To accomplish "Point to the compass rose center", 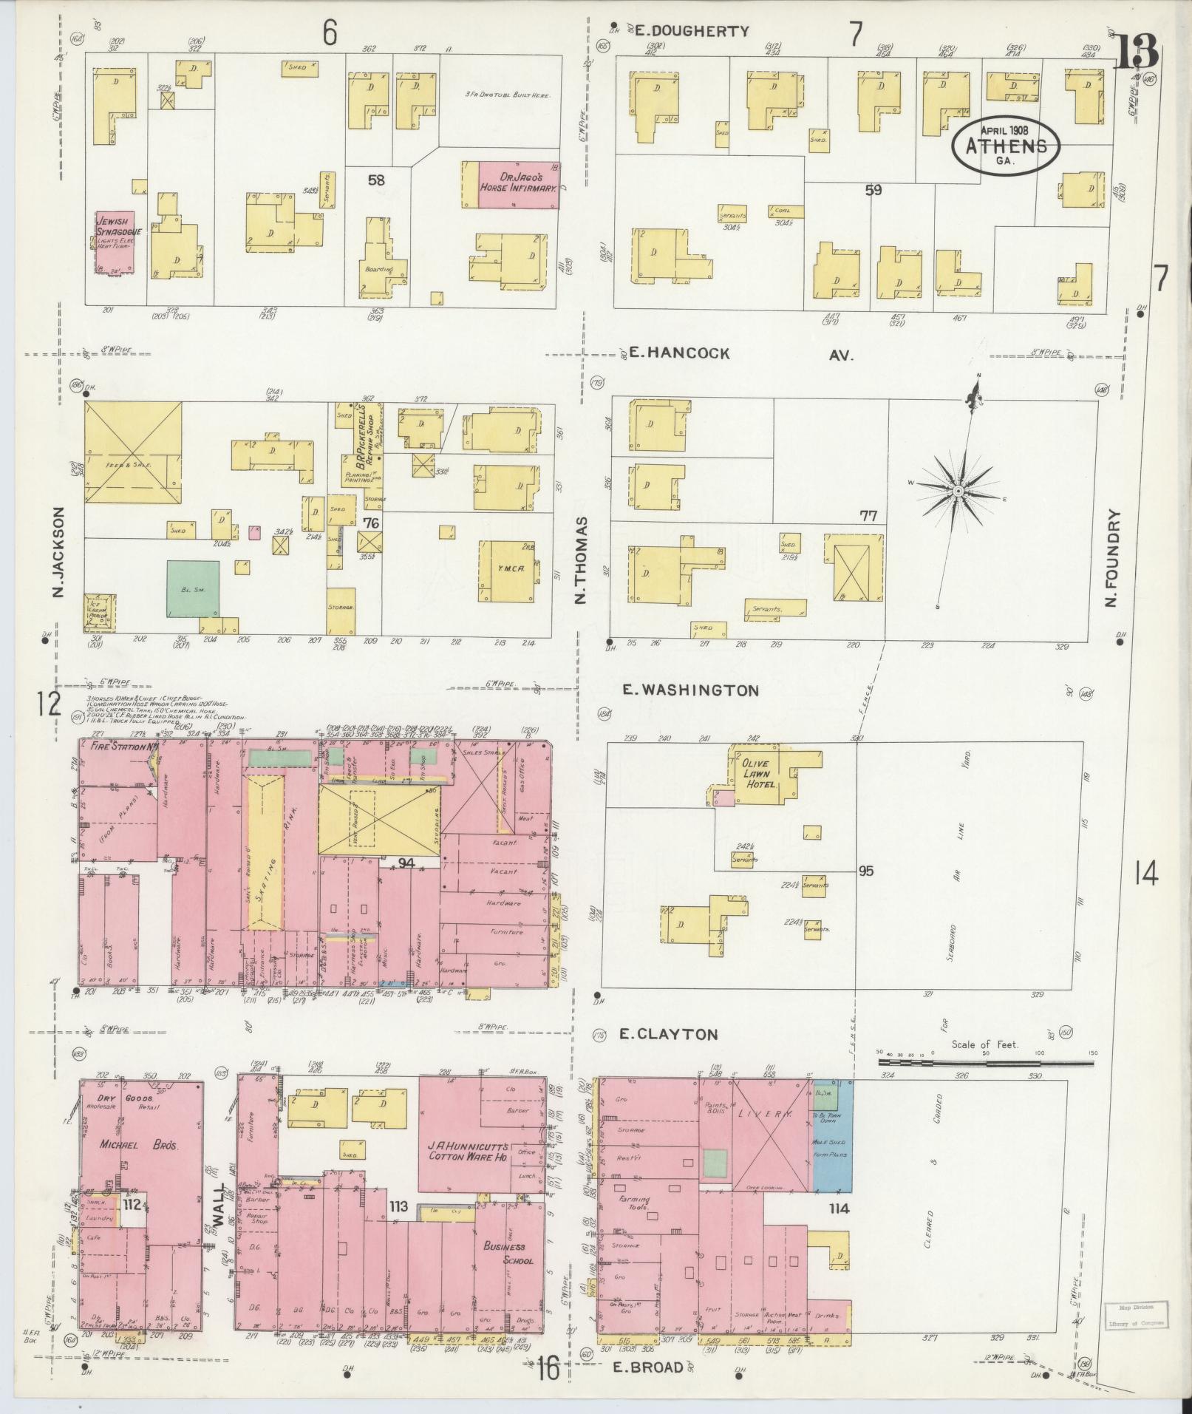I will point(958,491).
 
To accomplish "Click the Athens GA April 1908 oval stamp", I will point(1005,146).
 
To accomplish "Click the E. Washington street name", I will point(690,690).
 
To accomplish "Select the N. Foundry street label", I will point(1114,558).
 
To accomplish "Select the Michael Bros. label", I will point(140,1145).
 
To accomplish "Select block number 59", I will point(873,190).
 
